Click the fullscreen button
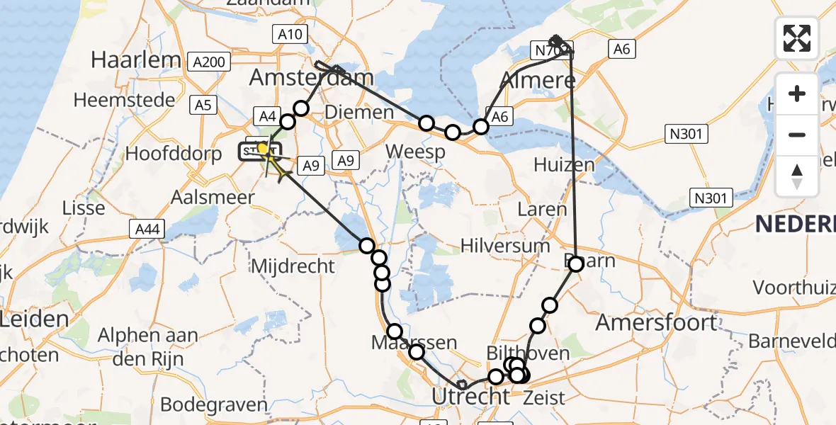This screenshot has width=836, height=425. tap(797, 38)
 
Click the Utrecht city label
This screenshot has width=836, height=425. tap(472, 395)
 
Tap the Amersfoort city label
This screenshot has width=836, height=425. tap(656, 322)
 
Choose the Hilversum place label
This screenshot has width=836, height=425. tap(505, 246)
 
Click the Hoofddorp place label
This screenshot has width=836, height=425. tap(174, 154)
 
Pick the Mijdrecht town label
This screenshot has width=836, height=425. tap(293, 266)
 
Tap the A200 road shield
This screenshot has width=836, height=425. tap(209, 62)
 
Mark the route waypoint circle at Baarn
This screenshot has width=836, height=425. tap(576, 264)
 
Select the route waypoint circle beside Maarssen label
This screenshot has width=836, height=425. tap(395, 331)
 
